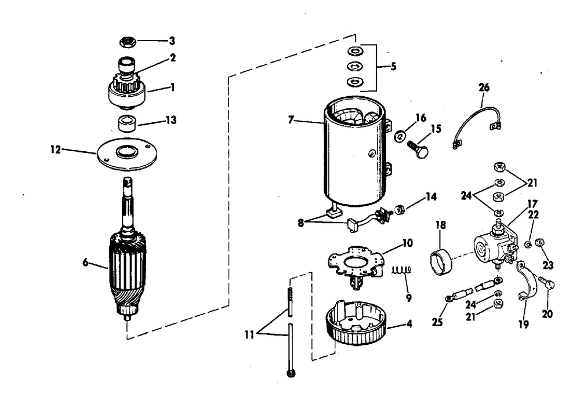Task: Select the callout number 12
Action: tap(56, 150)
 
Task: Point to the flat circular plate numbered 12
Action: tap(127, 154)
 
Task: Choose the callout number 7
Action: tap(291, 120)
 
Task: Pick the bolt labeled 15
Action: tap(418, 148)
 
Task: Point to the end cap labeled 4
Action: tap(355, 323)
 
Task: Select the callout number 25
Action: tap(437, 322)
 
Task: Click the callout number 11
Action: tap(249, 334)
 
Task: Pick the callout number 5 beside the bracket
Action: tap(394, 67)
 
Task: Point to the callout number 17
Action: tap(532, 204)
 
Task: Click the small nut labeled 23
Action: tap(539, 243)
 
